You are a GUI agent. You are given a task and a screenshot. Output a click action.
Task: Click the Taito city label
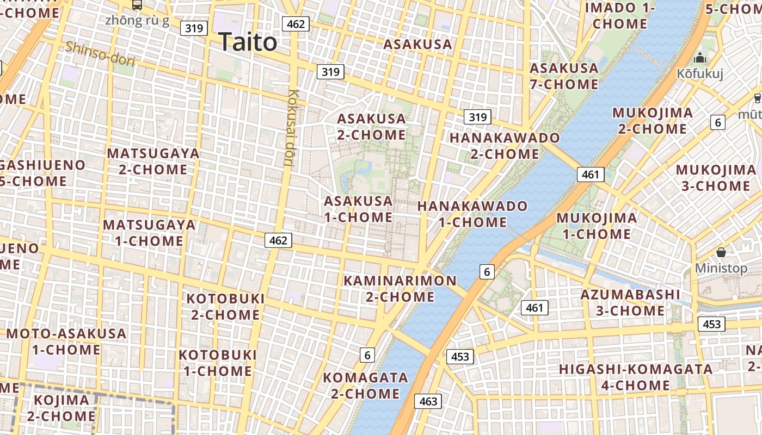click(248, 42)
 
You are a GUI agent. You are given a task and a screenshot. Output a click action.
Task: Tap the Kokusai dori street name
click(291, 128)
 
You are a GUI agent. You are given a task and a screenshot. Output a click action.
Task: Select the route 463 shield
click(428, 401)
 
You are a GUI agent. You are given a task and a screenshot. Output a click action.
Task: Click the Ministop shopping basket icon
click(721, 252)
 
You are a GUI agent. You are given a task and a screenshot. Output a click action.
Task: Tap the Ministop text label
click(721, 268)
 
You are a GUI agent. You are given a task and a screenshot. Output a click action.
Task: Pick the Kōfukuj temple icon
click(700, 58)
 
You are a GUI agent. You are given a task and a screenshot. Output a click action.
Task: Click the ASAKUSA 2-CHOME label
click(372, 127)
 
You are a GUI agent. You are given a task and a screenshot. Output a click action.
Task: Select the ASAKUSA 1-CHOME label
click(358, 209)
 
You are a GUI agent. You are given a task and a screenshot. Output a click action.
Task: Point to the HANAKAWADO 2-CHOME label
click(505, 146)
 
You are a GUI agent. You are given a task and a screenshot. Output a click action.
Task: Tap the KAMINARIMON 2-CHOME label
click(400, 289)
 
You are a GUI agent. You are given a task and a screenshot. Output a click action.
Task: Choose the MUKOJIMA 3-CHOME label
click(716, 178)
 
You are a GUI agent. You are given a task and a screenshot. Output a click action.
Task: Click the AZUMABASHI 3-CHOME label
click(630, 303)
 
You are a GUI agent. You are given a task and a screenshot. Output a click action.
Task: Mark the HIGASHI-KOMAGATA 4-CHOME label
click(636, 377)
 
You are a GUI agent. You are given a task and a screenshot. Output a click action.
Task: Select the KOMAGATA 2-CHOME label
click(366, 385)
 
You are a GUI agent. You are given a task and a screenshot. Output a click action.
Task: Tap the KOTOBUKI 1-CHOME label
click(218, 363)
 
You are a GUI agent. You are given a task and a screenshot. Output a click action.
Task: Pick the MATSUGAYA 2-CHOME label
click(153, 161)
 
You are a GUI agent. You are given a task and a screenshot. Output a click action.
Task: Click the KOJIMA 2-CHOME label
click(62, 408)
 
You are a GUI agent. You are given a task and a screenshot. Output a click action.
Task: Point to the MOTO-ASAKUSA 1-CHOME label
click(66, 341)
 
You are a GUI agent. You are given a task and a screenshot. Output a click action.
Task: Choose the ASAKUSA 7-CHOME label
click(564, 76)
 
